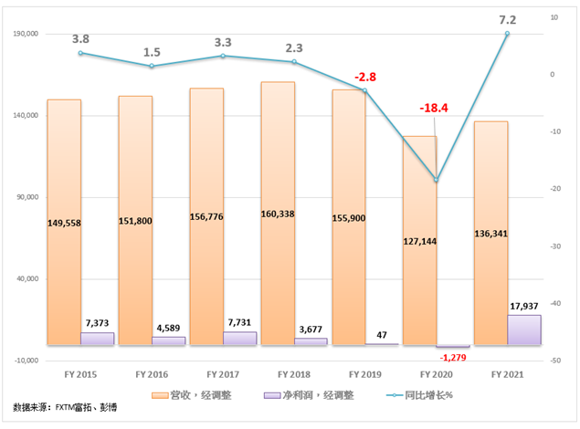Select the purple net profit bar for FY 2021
tap(524, 330)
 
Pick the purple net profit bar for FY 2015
tap(97, 338)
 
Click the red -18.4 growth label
tap(433, 109)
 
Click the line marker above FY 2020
tap(437, 180)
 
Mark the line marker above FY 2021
tap(508, 34)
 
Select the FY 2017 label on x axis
tap(224, 374)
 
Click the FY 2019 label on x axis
tap(365, 374)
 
